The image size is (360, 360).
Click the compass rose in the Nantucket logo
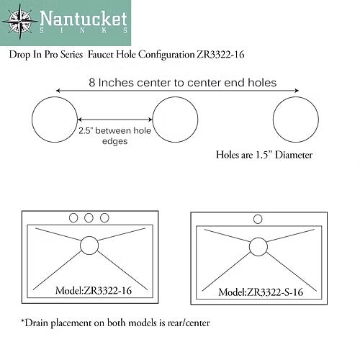[x=20, y=21]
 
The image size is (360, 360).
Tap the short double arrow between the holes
[x=115, y=120]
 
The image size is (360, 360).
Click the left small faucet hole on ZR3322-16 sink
[x=73, y=217]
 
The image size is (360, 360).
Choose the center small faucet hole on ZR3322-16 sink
[x=89, y=217]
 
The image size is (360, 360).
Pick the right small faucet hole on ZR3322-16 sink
[x=105, y=217]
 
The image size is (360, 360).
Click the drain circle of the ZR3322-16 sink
[x=89, y=243]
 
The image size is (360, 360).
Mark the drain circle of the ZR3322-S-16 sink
[x=258, y=246]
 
